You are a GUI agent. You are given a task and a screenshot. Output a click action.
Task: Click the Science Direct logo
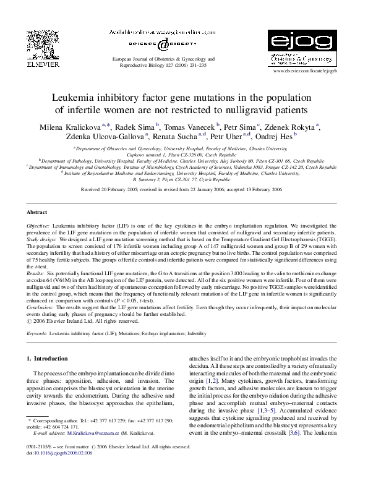(162, 45)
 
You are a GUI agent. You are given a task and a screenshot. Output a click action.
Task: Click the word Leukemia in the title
(79, 97)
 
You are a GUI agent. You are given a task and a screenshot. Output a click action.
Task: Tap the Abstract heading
(38, 211)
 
